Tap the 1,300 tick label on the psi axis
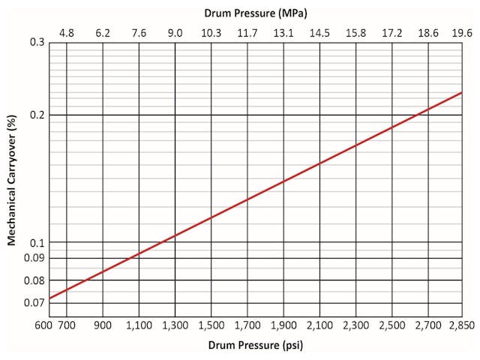[175, 326]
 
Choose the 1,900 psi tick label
[283, 326]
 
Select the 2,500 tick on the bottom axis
[392, 326]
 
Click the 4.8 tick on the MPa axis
[67, 33]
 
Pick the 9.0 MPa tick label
[175, 33]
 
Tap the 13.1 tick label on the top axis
[283, 33]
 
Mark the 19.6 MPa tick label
[461, 33]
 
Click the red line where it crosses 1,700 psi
[247, 199]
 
